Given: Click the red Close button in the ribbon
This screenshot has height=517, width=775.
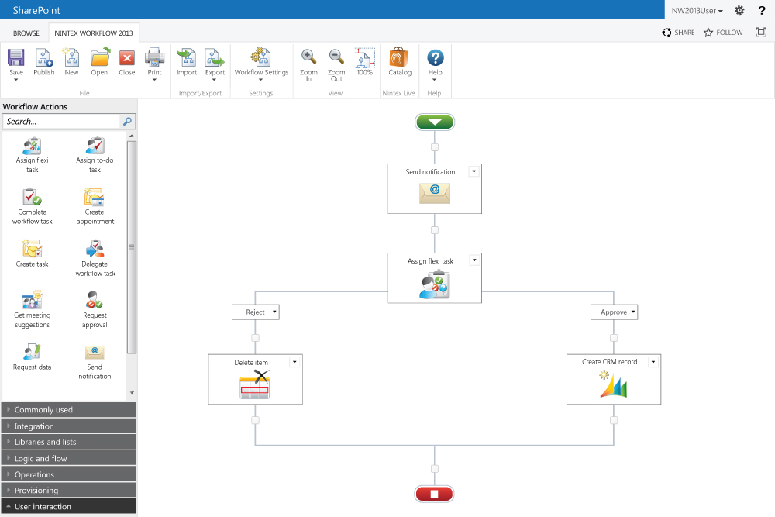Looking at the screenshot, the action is [127, 58].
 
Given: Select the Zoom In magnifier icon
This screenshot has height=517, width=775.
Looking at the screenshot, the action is [309, 57].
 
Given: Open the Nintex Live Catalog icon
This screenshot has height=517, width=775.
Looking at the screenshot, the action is [398, 57].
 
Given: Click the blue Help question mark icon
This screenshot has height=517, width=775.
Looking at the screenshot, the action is [435, 58].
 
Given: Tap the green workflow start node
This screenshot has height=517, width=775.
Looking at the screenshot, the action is [435, 122].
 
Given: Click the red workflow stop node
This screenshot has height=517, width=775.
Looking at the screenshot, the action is [434, 494].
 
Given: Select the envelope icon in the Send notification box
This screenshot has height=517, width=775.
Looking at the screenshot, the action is [435, 193].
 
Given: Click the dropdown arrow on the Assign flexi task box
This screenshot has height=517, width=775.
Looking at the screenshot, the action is [474, 260].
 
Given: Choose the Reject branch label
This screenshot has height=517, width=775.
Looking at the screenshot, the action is [256, 312].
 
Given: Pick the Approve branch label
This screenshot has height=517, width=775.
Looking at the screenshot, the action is [614, 312].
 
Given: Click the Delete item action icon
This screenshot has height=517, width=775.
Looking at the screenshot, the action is [254, 384].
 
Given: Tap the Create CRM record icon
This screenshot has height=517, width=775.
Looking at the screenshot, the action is [613, 384].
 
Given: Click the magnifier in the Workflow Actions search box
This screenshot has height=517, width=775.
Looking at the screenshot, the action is [127, 121].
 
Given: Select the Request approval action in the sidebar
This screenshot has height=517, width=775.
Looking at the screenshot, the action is [95, 309].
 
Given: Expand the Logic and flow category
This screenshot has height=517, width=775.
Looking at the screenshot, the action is [69, 458].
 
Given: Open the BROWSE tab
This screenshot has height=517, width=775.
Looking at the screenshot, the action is [26, 33].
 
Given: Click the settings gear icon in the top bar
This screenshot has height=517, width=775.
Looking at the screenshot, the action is [739, 10].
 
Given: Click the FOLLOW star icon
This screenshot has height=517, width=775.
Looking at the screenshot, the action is [708, 33].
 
